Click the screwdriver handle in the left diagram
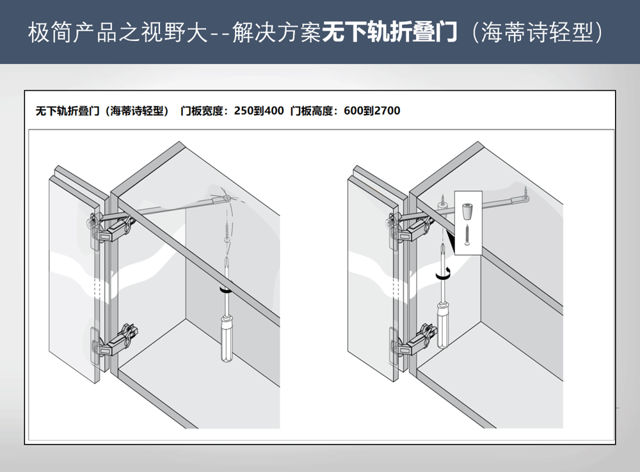click(227, 339)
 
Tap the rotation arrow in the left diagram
click(225, 290)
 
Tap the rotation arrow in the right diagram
click(442, 274)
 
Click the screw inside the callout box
click(468, 237)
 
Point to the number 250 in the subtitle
click(243, 111)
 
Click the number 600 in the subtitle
click(353, 111)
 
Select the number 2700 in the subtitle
click(387, 111)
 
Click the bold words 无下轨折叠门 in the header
click(390, 32)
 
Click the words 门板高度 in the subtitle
click(314, 111)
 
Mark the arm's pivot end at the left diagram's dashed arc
click(228, 198)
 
